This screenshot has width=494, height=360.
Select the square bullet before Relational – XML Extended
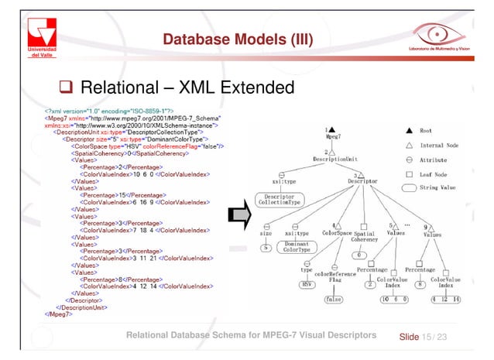tap(68, 85)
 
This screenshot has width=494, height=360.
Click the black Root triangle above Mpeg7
tap(331, 129)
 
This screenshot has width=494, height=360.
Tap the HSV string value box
tap(307, 283)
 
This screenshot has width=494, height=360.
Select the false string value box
tap(334, 299)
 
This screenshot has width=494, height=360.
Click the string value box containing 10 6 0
tap(395, 299)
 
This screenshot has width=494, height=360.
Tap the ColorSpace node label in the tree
tap(338, 231)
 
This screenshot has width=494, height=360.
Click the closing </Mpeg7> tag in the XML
tap(56, 314)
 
